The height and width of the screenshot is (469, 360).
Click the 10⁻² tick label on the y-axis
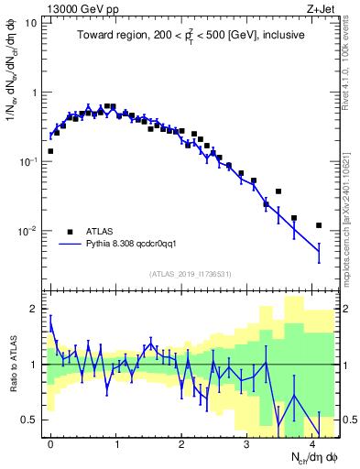pyautogui.click(x=27, y=231)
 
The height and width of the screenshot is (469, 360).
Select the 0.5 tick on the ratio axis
pyautogui.click(x=31, y=420)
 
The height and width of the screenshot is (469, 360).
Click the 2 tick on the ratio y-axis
pyautogui.click(x=35, y=309)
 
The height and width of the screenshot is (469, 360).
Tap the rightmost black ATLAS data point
pyautogui.click(x=319, y=225)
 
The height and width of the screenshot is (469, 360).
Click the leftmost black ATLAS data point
pyautogui.click(x=50, y=151)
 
